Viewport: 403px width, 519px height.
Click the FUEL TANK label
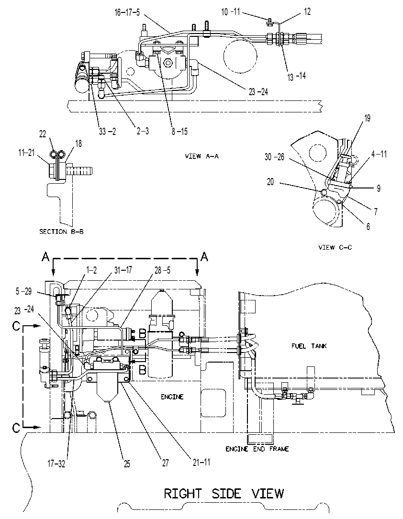pos(309,346)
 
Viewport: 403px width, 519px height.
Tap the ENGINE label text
pos(172,397)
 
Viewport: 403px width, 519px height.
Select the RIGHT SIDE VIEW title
pos(224,494)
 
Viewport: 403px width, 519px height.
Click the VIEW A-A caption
pos(201,156)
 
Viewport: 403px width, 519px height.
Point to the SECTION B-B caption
pos(62,232)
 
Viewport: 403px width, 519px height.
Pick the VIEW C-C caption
pos(335,247)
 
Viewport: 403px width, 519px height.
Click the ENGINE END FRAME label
pos(257,449)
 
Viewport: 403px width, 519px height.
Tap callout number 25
pos(127,464)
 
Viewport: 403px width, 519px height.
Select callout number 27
pos(165,463)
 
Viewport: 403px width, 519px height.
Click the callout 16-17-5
pos(127,13)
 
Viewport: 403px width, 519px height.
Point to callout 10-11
pos(231,12)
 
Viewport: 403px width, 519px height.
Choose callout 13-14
pos(296,77)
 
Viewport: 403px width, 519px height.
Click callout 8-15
pos(179,132)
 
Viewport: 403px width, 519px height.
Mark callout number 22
pos(43,134)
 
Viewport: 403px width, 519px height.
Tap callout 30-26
pos(275,157)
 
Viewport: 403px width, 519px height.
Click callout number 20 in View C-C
pos(270,182)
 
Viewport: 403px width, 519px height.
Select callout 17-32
pos(56,464)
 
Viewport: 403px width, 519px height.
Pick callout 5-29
pos(23,291)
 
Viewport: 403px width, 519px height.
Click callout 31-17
pos(123,270)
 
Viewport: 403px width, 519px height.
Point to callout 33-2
pos(107,132)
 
